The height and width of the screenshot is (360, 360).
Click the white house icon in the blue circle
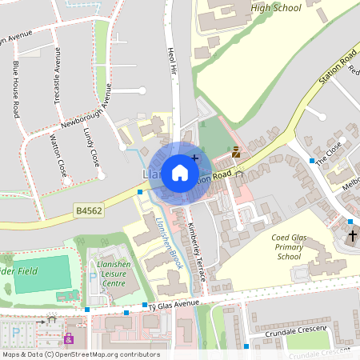(x=180, y=173)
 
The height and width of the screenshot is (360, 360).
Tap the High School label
(x=275, y=8)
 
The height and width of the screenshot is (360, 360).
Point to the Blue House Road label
(x=15, y=89)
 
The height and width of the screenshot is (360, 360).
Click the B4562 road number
(x=90, y=210)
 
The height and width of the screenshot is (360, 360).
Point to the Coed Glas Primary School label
(x=297, y=246)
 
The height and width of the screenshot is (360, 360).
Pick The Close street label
(x=328, y=151)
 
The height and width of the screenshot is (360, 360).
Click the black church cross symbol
(x=353, y=236)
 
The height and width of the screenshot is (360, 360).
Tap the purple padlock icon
(x=69, y=338)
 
